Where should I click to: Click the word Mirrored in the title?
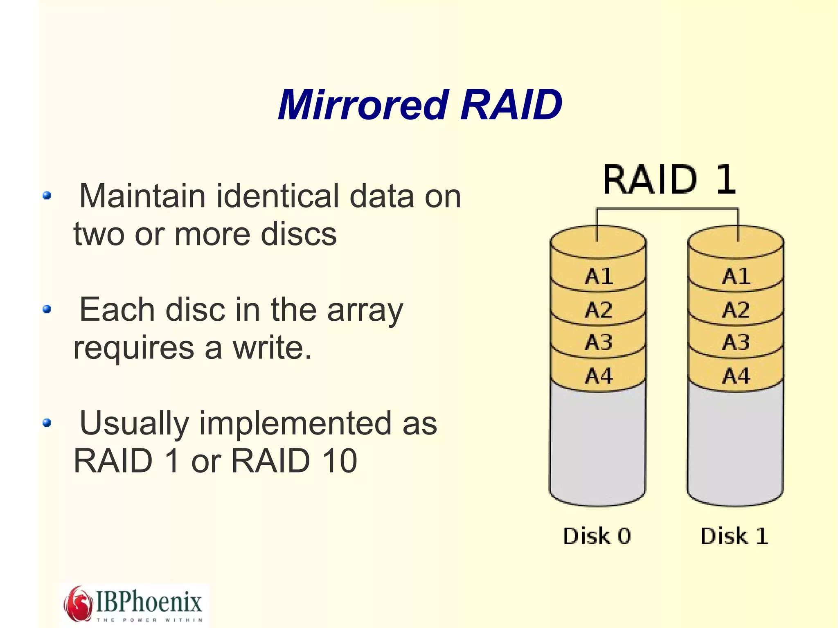pos(363,105)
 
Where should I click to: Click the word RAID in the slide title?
pos(511,105)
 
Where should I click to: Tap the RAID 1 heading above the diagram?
pos(669,180)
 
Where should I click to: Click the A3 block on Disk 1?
pos(736,342)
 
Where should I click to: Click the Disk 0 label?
pos(597,536)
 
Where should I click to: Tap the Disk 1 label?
pos(734,536)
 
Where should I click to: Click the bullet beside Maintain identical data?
pos(47,196)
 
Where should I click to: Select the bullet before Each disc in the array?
pos(47,309)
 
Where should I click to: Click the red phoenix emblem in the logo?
pos(78,603)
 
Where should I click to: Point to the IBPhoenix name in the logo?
pos(149,601)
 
